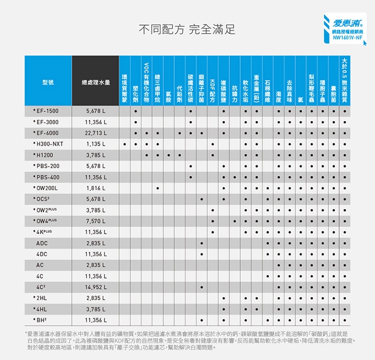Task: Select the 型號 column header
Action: click(47, 82)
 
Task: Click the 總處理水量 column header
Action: click(95, 82)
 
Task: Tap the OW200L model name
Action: click(46, 188)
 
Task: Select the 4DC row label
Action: click(42, 254)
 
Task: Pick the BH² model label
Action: click(42, 320)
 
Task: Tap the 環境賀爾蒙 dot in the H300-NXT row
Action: click(124, 144)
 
